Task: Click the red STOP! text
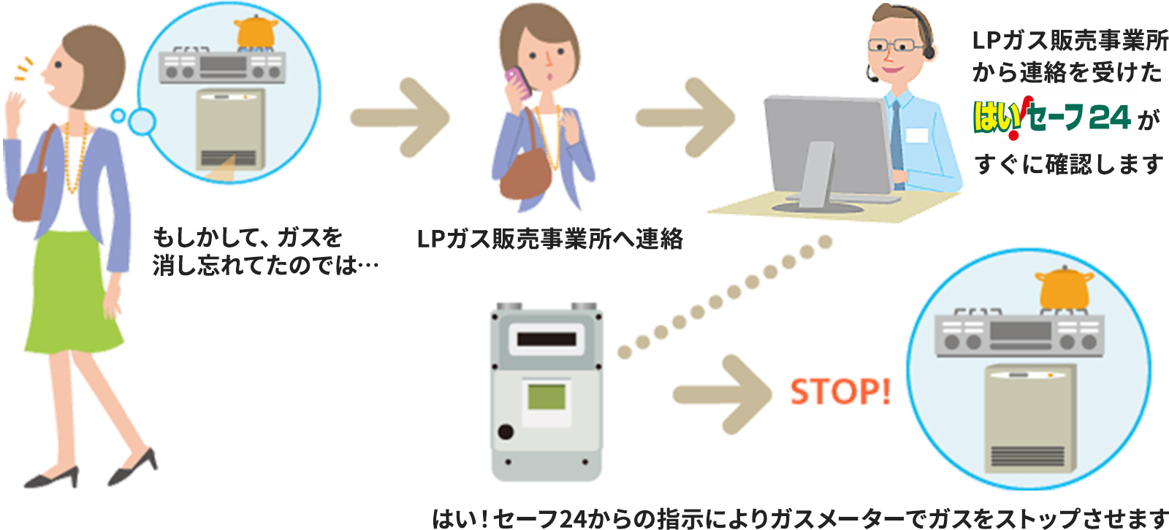point(840,392)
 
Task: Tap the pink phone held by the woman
point(517,81)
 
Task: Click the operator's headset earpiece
point(929,52)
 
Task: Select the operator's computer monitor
point(826,145)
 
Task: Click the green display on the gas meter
point(547,397)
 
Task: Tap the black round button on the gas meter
point(506,431)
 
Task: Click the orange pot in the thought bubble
point(255,31)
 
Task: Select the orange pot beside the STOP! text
point(1064,288)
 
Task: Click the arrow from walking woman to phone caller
point(400,118)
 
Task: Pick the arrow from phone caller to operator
point(685,118)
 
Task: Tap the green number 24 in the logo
point(1109,117)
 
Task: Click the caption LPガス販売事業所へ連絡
point(549,239)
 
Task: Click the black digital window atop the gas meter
point(547,339)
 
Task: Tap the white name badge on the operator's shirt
point(916,136)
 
